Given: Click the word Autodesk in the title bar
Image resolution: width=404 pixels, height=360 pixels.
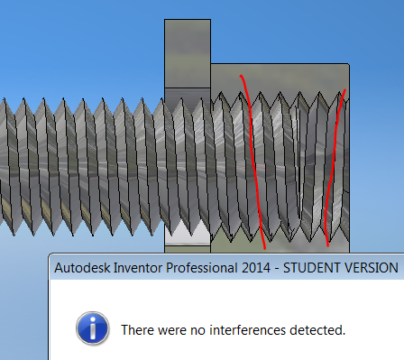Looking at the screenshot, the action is click(83, 268).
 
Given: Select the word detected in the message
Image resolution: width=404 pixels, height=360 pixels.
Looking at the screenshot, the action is click(317, 330).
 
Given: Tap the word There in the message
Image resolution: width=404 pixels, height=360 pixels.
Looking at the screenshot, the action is click(139, 330).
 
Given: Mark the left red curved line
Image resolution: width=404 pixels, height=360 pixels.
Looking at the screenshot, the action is click(252, 162).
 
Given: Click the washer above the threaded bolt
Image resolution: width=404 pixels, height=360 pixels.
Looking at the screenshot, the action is click(187, 54).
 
